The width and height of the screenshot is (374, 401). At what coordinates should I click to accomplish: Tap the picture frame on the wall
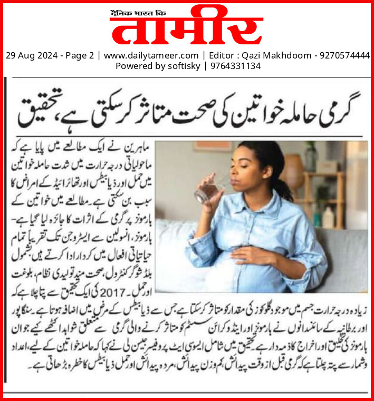(x=206, y=146)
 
